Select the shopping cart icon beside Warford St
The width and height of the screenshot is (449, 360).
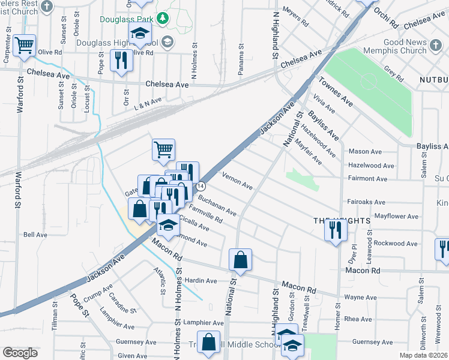click(25, 44)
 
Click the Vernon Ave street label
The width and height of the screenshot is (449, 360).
click(237, 181)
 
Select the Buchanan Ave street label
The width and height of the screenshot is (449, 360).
click(217, 205)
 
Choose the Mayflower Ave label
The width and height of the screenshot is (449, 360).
click(396, 215)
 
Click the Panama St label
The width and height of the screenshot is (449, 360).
click(241, 58)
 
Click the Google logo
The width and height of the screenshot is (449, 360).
click(20, 353)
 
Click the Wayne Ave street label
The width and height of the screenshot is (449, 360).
click(360, 297)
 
